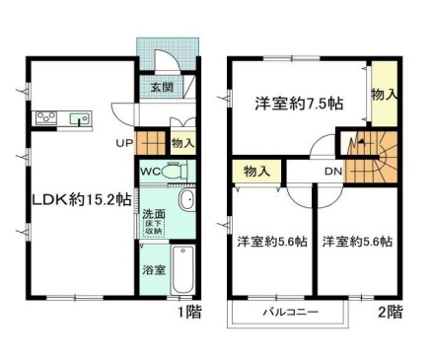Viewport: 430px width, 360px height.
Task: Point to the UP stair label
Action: (x=123, y=143)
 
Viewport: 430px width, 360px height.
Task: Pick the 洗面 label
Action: (x=154, y=214)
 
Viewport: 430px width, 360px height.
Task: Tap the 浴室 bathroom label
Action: (x=154, y=267)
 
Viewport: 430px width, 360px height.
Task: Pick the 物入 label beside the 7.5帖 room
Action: (x=385, y=94)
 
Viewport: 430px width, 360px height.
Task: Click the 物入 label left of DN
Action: (x=256, y=172)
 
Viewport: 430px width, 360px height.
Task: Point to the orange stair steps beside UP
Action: (x=148, y=143)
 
